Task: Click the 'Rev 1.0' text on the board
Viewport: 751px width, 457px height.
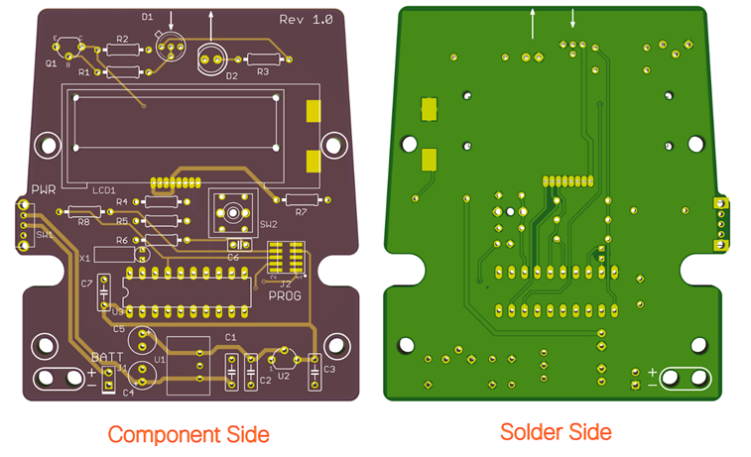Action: [306, 19]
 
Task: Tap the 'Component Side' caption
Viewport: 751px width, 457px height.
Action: [188, 434]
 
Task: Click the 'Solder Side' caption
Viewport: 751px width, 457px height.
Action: [556, 431]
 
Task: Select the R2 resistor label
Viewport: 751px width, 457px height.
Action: [123, 39]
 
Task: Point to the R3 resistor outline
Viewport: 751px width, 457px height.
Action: [263, 57]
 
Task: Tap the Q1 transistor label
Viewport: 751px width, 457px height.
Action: [51, 62]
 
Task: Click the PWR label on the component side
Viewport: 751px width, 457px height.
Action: [44, 189]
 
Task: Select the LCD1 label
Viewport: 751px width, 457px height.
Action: [103, 188]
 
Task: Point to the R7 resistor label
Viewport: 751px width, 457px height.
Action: [302, 211]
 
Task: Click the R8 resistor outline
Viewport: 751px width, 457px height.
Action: [84, 210]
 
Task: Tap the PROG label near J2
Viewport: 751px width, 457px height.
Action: [285, 294]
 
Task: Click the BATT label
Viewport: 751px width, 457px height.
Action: [107, 357]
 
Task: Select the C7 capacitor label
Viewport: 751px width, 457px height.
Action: [87, 284]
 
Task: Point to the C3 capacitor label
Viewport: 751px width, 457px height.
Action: [329, 369]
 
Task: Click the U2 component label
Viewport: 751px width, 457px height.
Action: [283, 377]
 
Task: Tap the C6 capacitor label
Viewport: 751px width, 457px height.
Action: [233, 257]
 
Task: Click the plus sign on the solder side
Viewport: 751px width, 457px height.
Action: [652, 372]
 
